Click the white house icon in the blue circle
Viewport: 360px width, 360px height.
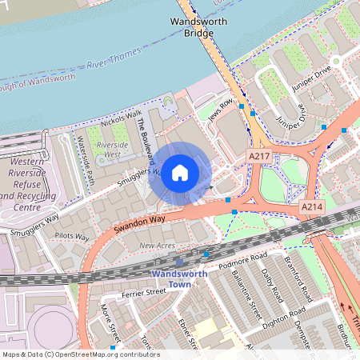180,172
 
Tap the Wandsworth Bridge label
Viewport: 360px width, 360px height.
193,28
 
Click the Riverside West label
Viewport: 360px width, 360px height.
113,148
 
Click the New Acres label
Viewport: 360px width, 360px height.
157,246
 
